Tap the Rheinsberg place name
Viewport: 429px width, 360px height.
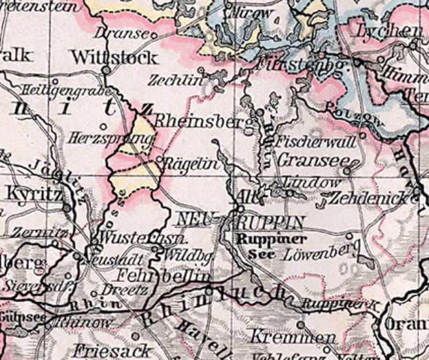[196, 121]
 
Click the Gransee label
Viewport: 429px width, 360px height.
[311, 159]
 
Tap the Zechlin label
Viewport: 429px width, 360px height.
[176, 80]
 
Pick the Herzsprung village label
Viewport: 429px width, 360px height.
[110, 138]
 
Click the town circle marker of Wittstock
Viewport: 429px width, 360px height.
[105, 70]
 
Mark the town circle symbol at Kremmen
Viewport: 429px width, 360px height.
[301, 324]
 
